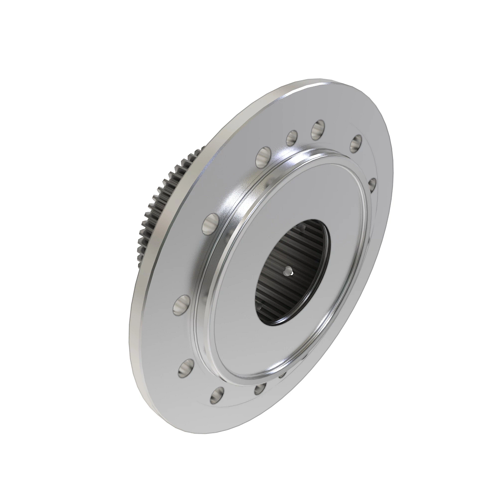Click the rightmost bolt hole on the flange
click(372, 184)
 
